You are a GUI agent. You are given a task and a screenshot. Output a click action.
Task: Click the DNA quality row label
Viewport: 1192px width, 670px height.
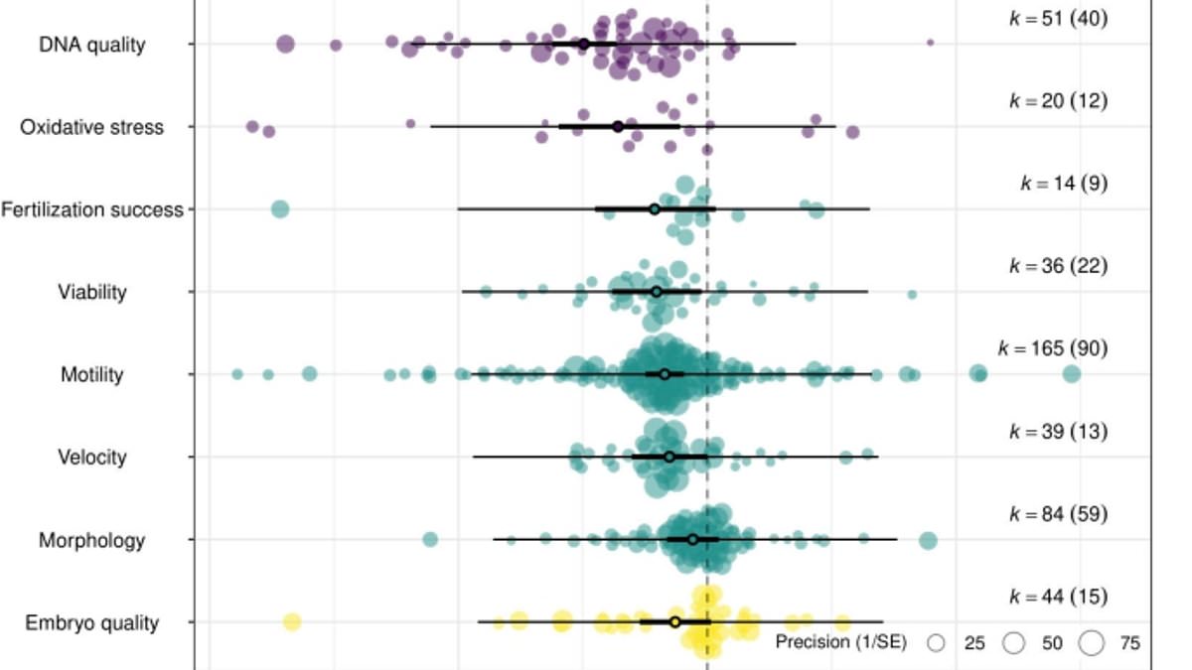[x=91, y=45]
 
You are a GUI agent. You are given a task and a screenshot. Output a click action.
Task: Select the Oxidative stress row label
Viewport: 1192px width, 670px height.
[x=91, y=127]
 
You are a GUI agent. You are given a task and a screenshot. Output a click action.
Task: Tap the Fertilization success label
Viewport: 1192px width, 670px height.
[x=92, y=209]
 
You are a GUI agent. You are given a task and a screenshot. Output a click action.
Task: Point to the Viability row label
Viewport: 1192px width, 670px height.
[x=91, y=292]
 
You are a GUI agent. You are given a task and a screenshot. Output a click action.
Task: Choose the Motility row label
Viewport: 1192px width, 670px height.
[x=91, y=375]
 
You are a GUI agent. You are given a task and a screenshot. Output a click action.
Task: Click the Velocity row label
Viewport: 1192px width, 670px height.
[x=91, y=458]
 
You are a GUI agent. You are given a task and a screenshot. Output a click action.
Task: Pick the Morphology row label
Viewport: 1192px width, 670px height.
[x=91, y=540]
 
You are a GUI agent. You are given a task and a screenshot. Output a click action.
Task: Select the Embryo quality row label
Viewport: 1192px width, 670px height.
[x=91, y=623]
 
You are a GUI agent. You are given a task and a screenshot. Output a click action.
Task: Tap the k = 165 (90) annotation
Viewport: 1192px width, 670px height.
[x=1052, y=348]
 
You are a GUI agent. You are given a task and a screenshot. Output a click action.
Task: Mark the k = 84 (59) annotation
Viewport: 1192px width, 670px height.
[x=1058, y=514]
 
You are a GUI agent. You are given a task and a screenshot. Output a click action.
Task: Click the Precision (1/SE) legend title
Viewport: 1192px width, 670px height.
[x=840, y=643]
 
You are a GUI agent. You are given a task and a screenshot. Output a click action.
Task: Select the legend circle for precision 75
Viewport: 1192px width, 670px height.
[x=1092, y=643]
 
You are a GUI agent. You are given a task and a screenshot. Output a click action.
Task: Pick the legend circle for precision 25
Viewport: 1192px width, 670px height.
[x=936, y=643]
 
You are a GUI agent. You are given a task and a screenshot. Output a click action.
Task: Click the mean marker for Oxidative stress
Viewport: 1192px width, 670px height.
[x=618, y=127]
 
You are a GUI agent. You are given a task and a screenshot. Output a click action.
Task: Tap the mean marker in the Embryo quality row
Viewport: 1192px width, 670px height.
[x=675, y=622]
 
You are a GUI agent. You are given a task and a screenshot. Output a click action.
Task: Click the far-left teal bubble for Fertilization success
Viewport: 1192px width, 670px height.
[x=280, y=209]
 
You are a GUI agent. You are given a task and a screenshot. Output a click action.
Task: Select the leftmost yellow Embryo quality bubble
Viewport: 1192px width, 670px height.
[x=291, y=622]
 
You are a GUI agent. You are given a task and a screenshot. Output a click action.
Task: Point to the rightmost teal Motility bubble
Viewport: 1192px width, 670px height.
[x=1071, y=374]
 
